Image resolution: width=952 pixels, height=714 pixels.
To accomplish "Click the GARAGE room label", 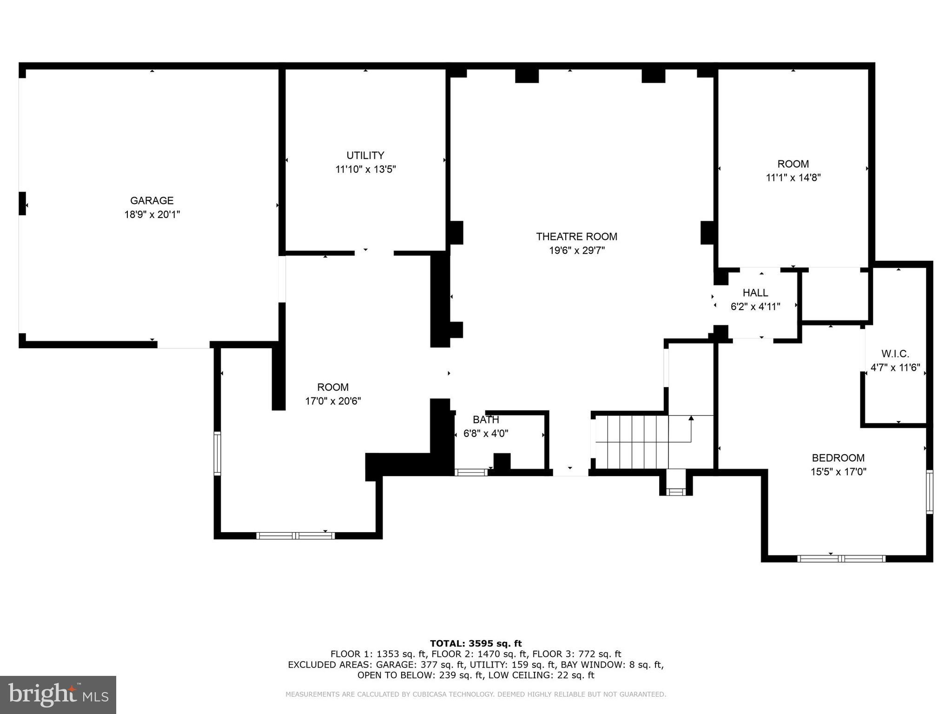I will (x=152, y=200).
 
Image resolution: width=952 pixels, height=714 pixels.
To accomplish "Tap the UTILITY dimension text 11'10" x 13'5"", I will (x=365, y=169).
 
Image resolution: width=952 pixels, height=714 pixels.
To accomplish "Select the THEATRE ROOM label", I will (x=576, y=237).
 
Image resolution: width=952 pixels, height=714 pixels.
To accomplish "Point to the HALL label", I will (x=755, y=293).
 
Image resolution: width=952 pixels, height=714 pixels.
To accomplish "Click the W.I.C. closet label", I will (x=895, y=354).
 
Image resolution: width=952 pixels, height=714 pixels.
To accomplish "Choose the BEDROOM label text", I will (x=838, y=458).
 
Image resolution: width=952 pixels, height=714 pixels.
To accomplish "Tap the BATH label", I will (x=486, y=420).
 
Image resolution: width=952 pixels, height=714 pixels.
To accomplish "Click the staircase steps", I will (x=632, y=442).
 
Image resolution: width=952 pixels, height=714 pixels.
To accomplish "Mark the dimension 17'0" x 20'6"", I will (x=333, y=401).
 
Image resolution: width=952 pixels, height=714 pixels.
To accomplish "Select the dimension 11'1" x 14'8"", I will (x=793, y=178).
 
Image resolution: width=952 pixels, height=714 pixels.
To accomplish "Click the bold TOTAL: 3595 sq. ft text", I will (x=476, y=643).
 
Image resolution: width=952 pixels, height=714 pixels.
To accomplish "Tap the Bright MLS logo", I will (x=58, y=694).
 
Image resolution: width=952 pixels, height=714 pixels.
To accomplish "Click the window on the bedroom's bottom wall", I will (x=841, y=558).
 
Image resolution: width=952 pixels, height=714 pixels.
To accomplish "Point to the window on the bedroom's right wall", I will (x=929, y=492).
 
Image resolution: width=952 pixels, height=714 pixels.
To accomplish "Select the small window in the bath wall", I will (x=471, y=472).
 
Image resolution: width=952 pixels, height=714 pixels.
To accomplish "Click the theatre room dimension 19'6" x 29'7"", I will (x=576, y=251).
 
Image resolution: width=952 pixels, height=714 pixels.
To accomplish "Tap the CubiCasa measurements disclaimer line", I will (x=476, y=694).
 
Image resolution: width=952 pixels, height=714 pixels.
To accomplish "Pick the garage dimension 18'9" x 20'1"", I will (x=152, y=215).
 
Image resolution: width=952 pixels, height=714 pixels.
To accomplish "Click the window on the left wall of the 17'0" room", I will (x=217, y=453).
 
